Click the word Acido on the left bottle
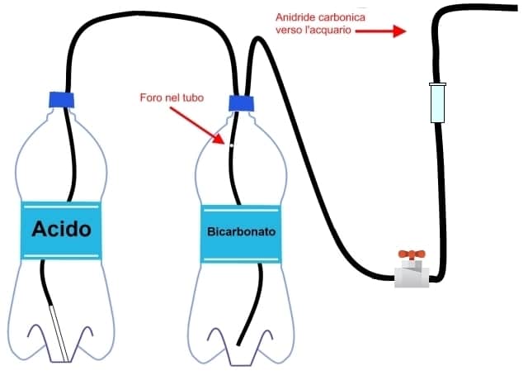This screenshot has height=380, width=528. tap(60, 229)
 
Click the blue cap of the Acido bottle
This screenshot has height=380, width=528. tap(62, 101)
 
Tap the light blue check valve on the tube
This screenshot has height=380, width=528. tap(437, 103)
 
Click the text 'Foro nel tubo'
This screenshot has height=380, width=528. tap(171, 98)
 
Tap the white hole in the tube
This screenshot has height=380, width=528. tap(232, 145)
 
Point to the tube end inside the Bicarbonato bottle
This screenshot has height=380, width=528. tap(240, 342)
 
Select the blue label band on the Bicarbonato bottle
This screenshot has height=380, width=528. tap(238, 252)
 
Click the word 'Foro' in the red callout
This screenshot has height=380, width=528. tap(150, 98)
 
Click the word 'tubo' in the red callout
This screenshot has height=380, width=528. tap(192, 98)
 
